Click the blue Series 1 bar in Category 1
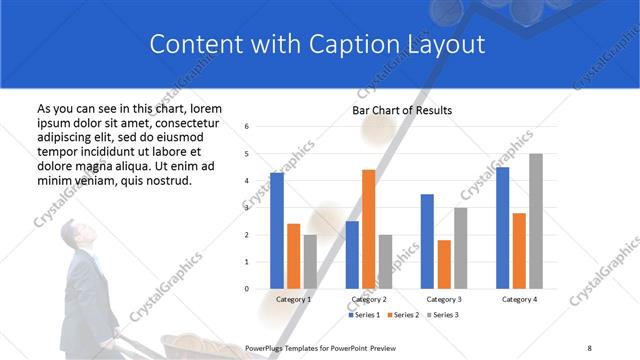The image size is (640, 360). click(277, 231)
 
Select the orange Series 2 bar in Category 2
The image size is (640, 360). click(368, 229)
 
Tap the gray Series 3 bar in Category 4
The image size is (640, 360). click(535, 221)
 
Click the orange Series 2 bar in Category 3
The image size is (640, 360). click(444, 264)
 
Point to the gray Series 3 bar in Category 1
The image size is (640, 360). click(310, 262)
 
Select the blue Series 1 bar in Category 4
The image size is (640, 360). click(502, 228)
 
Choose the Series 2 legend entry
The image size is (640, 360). click(403, 315)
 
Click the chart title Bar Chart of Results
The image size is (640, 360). click(402, 110)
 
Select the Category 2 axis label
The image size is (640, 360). click(369, 299)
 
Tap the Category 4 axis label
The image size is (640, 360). click(518, 299)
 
